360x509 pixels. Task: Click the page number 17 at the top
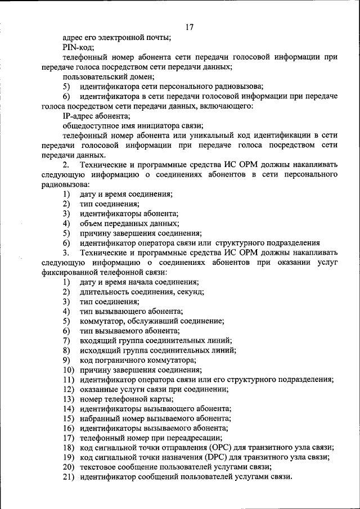[x=189, y=26]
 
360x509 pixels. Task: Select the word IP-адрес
[x=82, y=115]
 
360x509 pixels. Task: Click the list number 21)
[x=69, y=477]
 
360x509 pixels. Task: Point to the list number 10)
[x=69, y=370]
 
